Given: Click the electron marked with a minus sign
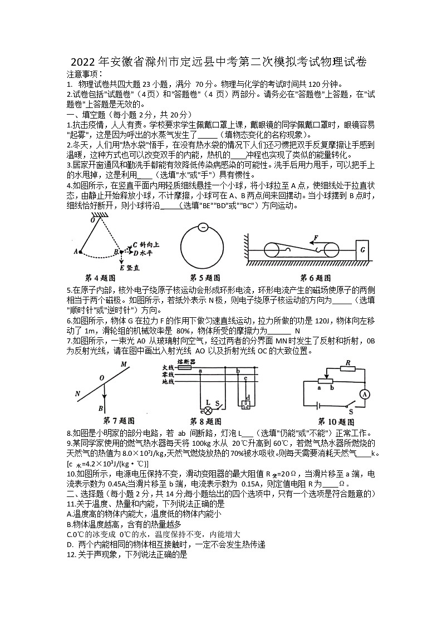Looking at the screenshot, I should [x=203, y=228].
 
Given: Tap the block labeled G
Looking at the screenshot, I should [x=362, y=250].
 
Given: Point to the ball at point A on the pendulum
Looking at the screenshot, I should [x=80, y=252].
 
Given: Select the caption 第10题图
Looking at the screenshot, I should [x=336, y=421].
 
